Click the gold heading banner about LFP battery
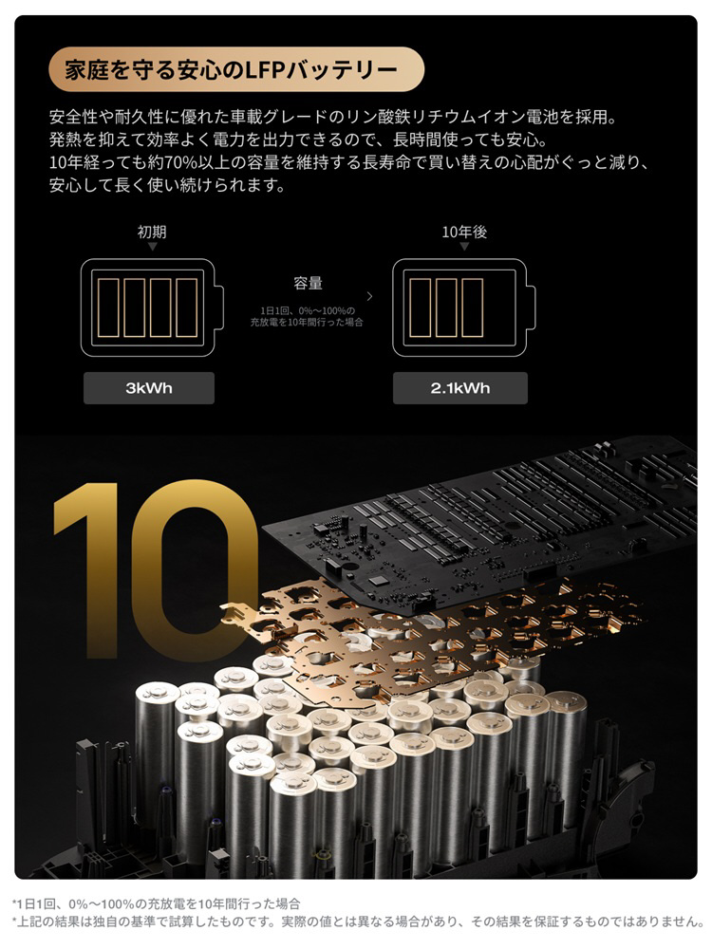tap(236, 69)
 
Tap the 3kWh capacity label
tap(149, 388)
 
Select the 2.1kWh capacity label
tap(460, 388)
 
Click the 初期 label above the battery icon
tap(152, 232)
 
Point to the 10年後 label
tap(464, 232)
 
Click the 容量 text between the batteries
tap(308, 283)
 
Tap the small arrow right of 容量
tap(370, 296)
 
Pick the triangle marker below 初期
tap(153, 247)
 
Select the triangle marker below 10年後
tap(464, 247)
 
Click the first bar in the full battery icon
tap(109, 307)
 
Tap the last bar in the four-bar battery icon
tap(186, 307)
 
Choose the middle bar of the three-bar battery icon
tap(446, 307)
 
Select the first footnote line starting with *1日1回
tap(157, 904)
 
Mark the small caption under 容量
tap(307, 316)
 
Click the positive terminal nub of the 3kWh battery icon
tap(219, 307)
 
